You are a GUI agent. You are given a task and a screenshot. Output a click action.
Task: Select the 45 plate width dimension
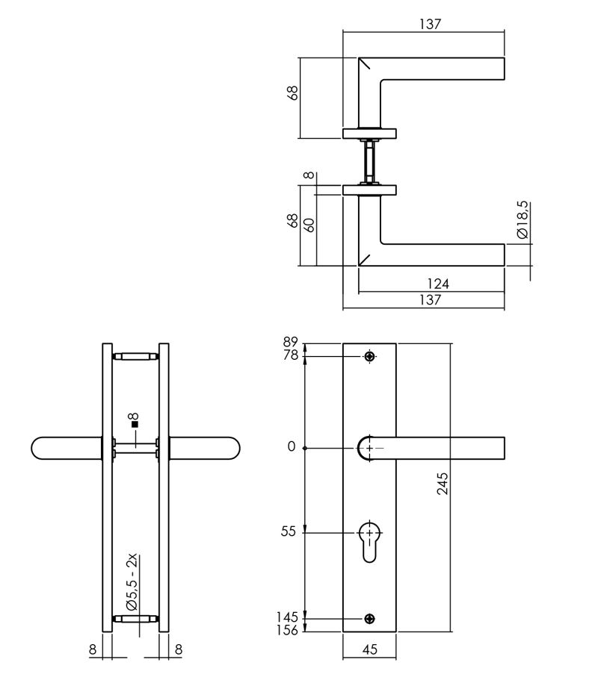click(369, 649)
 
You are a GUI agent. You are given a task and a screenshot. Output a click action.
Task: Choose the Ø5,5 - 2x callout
click(132, 582)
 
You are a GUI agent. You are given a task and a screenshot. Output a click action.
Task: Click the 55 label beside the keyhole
click(289, 531)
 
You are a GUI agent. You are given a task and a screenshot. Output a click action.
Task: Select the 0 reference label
click(292, 447)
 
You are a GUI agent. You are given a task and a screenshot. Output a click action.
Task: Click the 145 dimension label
click(286, 617)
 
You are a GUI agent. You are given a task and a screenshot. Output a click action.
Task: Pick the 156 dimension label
click(286, 631)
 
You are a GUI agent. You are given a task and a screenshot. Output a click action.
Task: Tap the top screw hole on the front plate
click(369, 356)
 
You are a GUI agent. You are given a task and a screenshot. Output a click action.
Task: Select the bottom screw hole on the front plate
click(369, 619)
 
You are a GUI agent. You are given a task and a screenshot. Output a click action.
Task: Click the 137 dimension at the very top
click(430, 23)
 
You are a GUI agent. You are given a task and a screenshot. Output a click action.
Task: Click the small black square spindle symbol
click(135, 425)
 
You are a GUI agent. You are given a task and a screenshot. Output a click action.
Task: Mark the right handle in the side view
click(205, 448)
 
